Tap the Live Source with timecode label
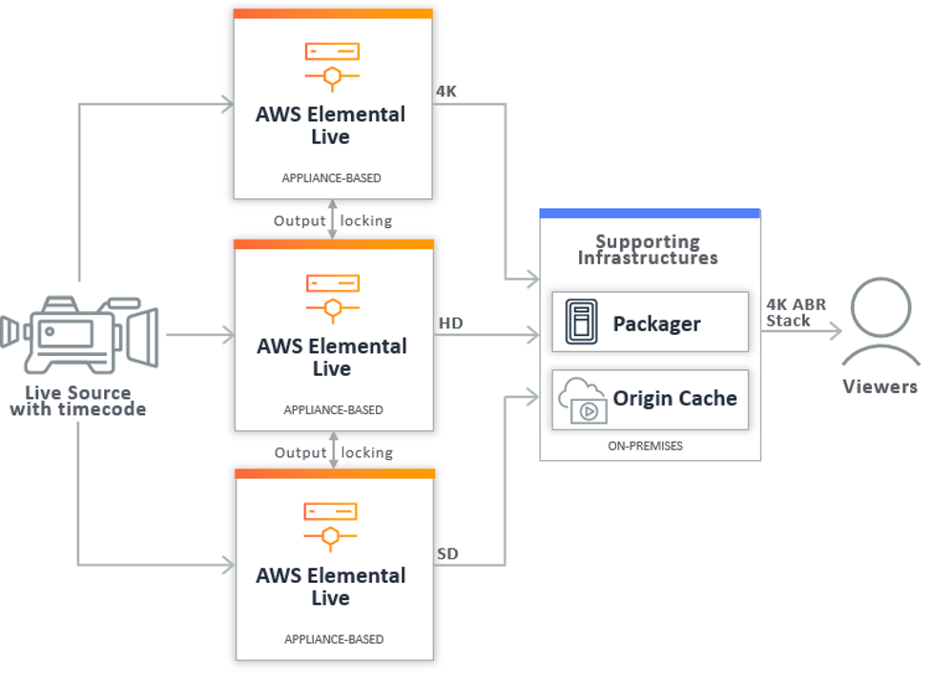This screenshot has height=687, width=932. pos(78,401)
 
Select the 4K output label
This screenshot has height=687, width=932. pos(446,93)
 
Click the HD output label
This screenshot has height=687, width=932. pos(450,323)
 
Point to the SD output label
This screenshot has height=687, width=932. pos(447,553)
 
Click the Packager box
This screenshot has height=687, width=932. pos(650,323)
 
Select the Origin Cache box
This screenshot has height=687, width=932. pos(650,399)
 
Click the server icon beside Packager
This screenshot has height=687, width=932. pos(580,323)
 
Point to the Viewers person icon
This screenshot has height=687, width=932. pos(880,320)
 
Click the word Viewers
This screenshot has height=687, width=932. pos(880,386)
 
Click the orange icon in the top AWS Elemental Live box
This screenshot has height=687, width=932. pos(332,62)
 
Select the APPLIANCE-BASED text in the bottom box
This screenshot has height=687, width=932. pos(334,639)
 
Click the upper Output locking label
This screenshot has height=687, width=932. pos(333,220)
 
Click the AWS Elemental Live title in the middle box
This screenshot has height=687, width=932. pos(331,357)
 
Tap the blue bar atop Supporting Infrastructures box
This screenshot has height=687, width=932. pos(650,214)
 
